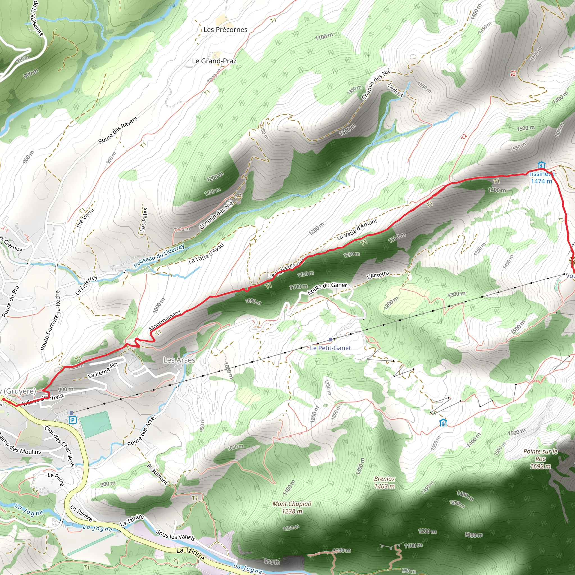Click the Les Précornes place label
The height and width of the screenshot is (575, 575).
(x=225, y=30)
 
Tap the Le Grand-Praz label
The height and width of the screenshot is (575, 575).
(x=214, y=61)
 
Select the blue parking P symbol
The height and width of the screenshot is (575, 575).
(x=73, y=420)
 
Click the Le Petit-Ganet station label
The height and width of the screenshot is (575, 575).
(x=330, y=348)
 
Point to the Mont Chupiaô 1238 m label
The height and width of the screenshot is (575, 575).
(x=292, y=507)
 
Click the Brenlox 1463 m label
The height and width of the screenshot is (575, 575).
(x=385, y=482)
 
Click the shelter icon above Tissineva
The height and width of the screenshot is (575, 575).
(x=541, y=165)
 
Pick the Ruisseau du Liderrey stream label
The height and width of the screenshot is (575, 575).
(x=159, y=256)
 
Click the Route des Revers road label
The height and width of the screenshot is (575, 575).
(x=118, y=130)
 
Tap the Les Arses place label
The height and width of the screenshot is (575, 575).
(x=179, y=360)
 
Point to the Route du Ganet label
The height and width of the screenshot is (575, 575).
(x=327, y=288)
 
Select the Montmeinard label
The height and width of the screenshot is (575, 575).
(x=165, y=320)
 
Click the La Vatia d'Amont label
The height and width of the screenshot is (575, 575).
(x=357, y=229)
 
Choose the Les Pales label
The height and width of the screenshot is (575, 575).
(x=144, y=220)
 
